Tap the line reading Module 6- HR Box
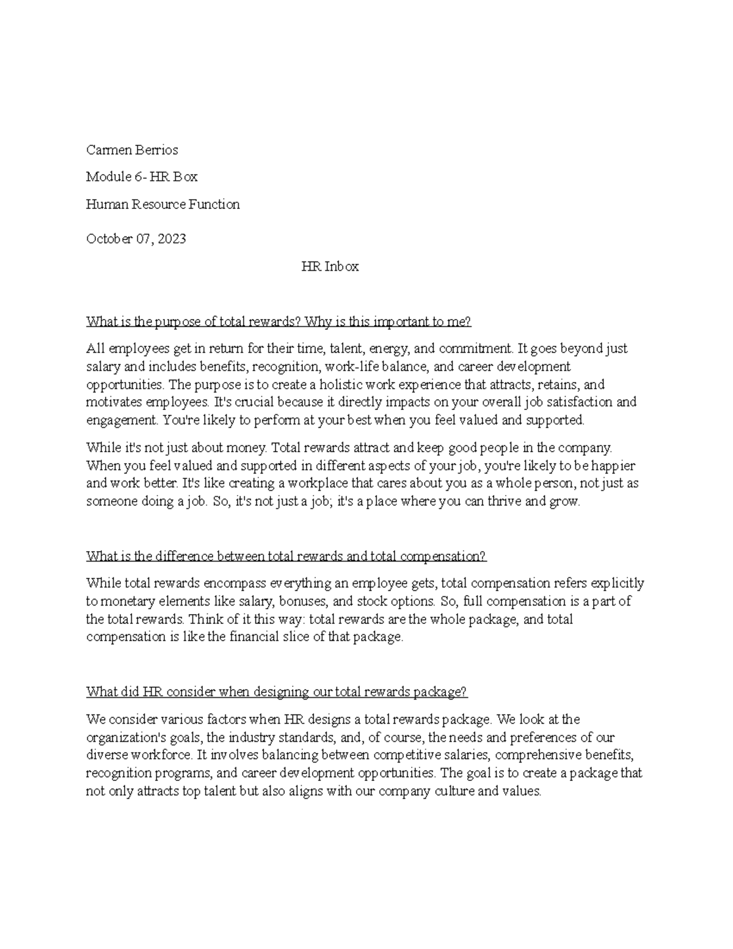point(142,177)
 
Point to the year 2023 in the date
point(172,239)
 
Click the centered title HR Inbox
point(330,266)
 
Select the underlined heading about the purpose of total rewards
point(279,321)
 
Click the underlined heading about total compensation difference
point(286,556)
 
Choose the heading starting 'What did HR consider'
point(276,692)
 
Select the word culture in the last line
point(453,791)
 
